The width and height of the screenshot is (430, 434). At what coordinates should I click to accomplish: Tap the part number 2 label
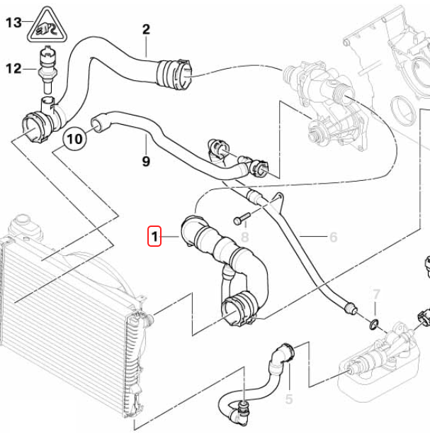click(146, 29)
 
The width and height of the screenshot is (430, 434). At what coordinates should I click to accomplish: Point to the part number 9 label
click(146, 162)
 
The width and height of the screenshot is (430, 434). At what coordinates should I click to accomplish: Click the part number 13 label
click(14, 23)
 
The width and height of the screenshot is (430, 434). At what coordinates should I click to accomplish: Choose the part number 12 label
click(14, 69)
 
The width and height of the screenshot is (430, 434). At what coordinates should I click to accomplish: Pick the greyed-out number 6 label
click(333, 238)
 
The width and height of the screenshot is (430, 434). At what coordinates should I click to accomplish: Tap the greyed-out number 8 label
click(245, 236)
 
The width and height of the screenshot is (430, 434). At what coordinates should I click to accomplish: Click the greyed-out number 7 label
click(377, 294)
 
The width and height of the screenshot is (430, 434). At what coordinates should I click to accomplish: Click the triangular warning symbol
click(47, 26)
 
